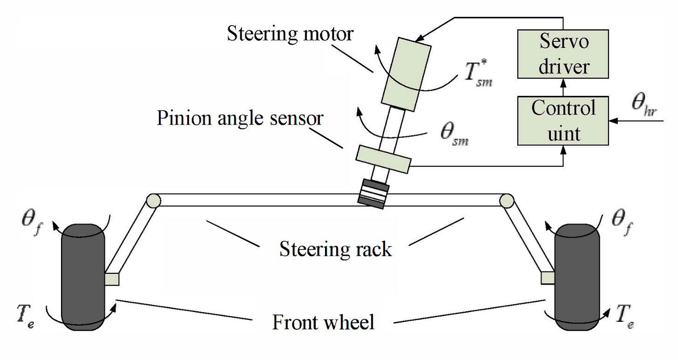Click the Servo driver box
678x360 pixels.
[563, 54]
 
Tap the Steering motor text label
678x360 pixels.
[290, 34]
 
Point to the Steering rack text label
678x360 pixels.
[335, 249]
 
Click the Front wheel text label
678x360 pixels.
[323, 322]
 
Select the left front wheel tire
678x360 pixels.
[84, 277]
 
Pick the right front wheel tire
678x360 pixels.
[577, 277]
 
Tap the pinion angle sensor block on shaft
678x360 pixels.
[383, 159]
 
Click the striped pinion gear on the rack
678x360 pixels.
[373, 192]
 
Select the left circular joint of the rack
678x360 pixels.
[153, 201]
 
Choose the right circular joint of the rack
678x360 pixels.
[507, 201]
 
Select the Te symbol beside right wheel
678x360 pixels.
[624, 315]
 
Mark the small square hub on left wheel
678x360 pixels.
[112, 279]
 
